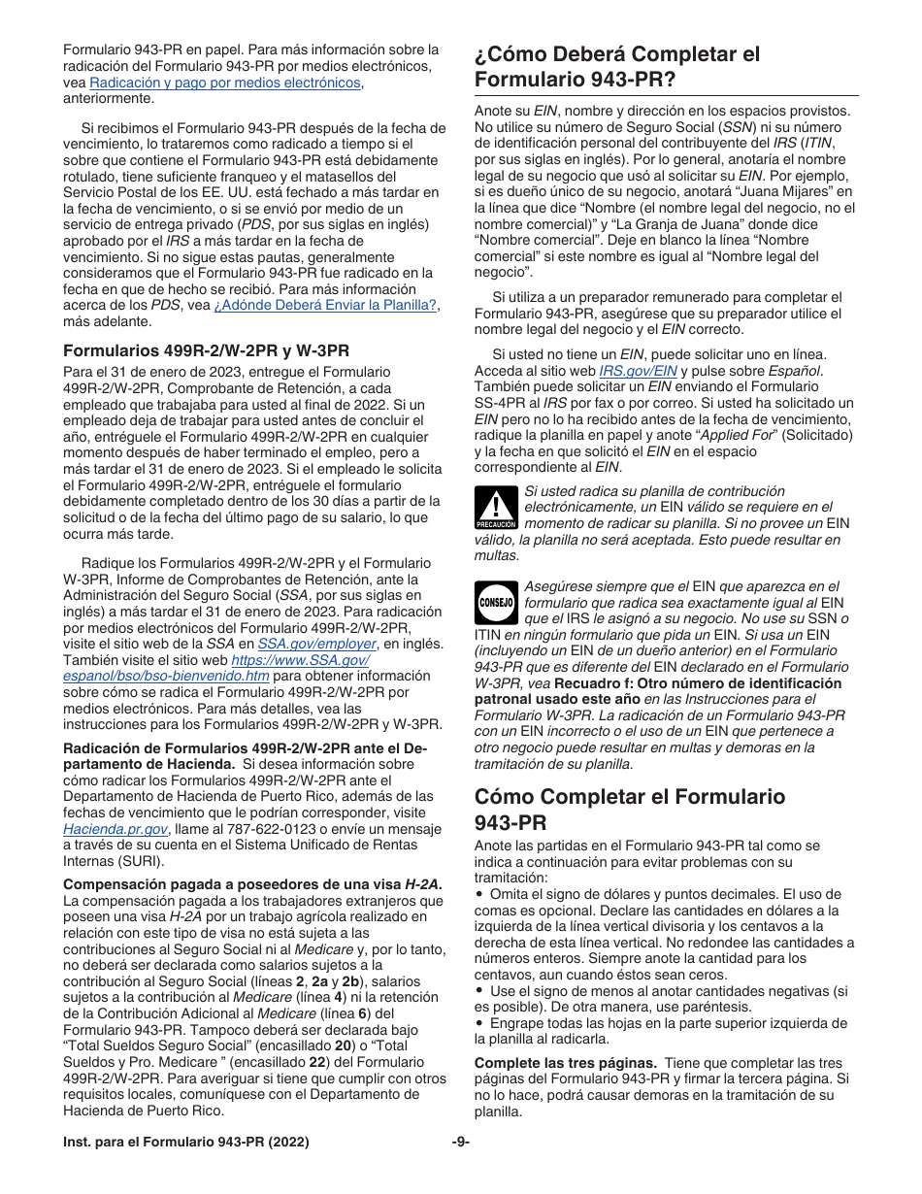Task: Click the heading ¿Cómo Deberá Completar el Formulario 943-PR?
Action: coord(617,66)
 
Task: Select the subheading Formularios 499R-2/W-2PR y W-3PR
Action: coord(206,350)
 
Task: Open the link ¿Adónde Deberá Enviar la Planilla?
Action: coord(326,305)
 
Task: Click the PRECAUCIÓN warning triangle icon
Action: coord(496,507)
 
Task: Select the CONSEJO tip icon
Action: coord(496,602)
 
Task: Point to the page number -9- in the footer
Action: coord(460,1142)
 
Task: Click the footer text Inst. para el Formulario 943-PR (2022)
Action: coord(186,1142)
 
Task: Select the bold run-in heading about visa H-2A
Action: coord(251,884)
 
